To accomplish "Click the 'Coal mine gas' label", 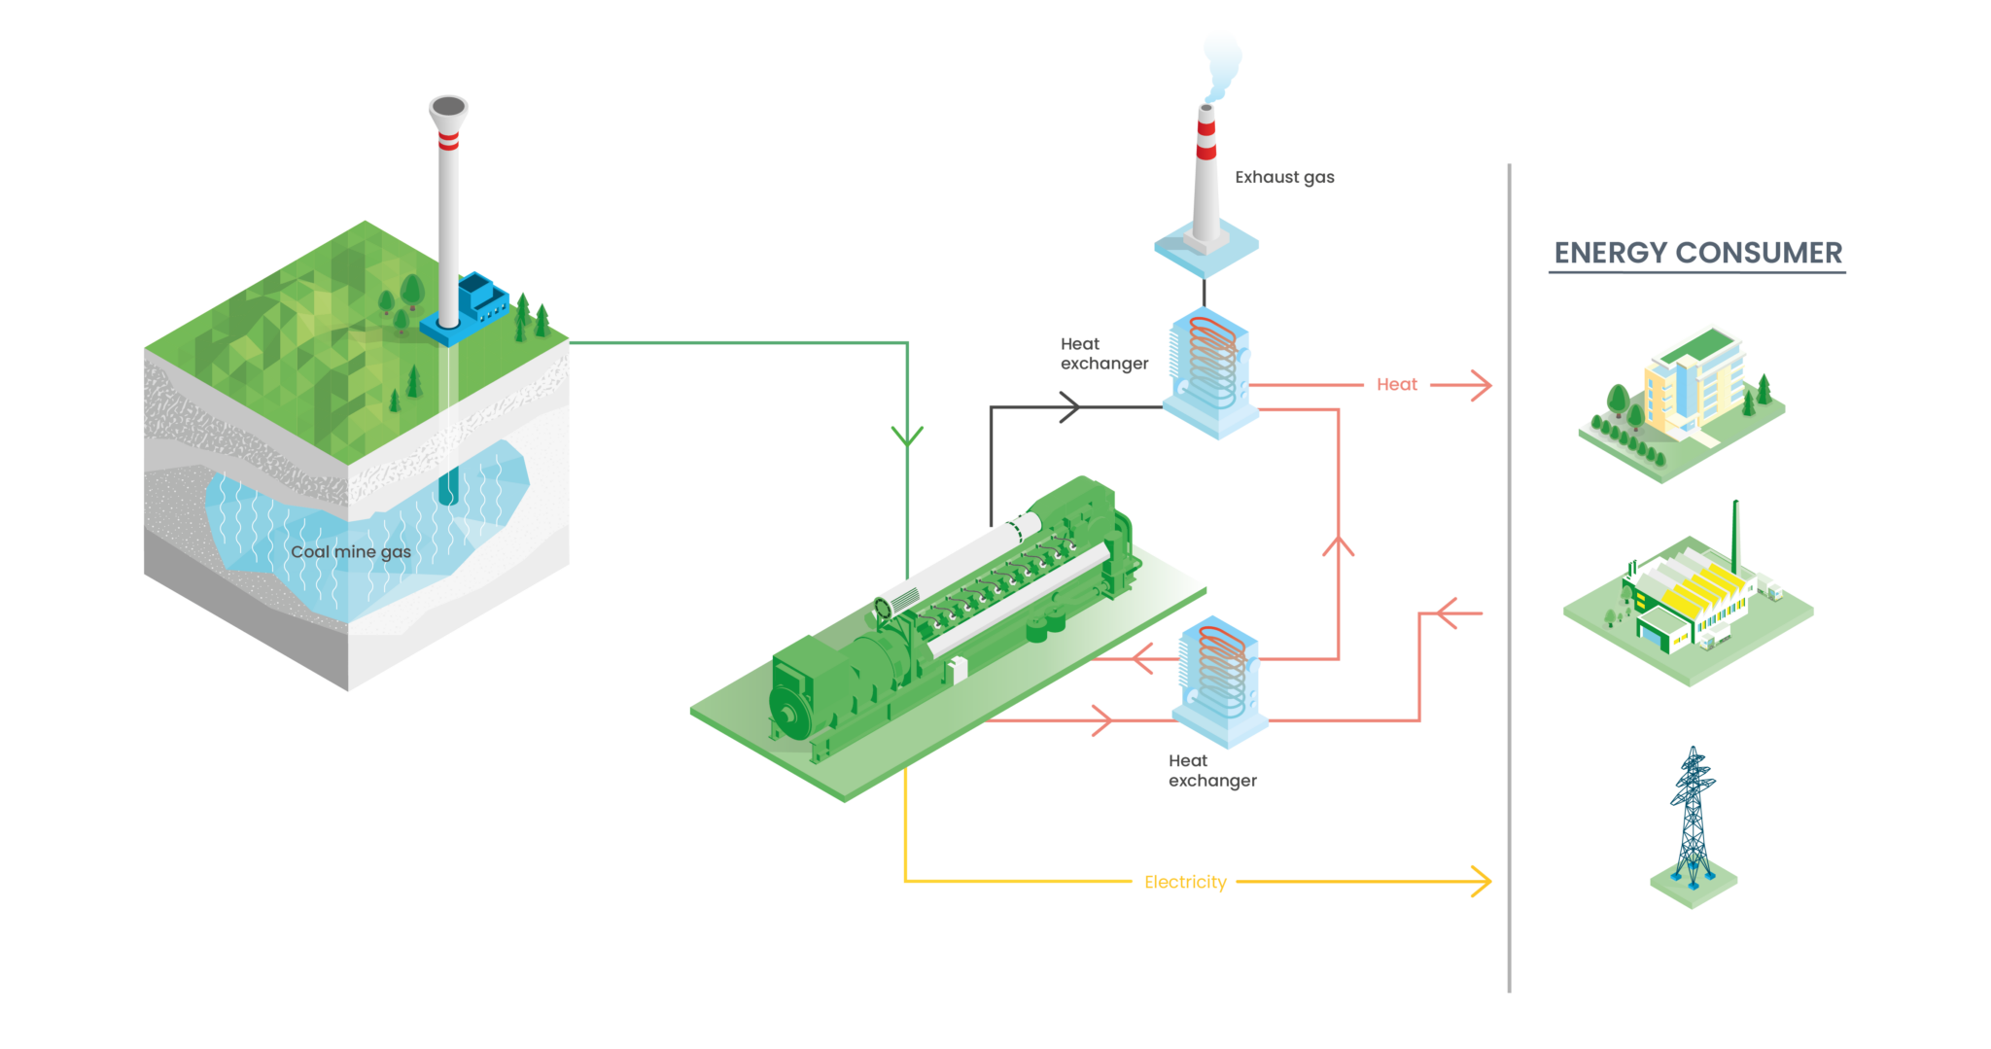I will pos(351,552).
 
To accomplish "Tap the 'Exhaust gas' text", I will pos(1284,177).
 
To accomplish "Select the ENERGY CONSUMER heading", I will pos(1697,253).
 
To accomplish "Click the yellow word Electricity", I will pos(1185,882).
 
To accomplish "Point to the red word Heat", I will pos(1397,385).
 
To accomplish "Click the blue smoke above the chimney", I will pos(1220,63).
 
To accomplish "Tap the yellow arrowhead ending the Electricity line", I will pos(1482,881).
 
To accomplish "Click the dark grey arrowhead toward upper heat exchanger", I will pos(1069,406).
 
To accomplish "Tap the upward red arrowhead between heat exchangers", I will pos(1339,546).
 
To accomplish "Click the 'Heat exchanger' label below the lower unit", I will pos(1211,771).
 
